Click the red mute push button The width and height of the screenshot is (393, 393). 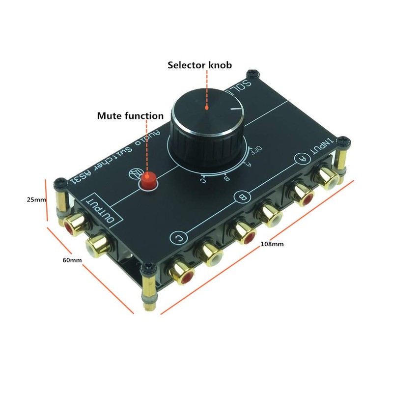pyautogui.click(x=148, y=181)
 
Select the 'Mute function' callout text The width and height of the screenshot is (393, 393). pyautogui.click(x=130, y=116)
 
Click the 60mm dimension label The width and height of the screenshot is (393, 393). pyautogui.click(x=72, y=260)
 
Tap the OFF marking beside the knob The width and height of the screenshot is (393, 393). pyautogui.click(x=256, y=149)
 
